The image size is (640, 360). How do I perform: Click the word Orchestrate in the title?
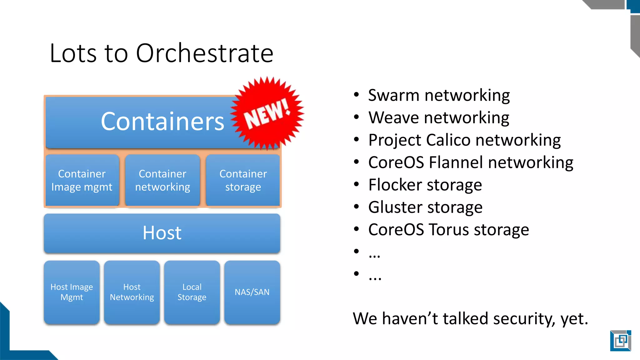[205, 53]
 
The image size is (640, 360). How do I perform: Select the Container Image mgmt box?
[82, 180]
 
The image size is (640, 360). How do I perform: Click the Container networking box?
[162, 180]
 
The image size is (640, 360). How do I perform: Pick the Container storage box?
[243, 180]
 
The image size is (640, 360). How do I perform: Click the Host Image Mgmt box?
[72, 292]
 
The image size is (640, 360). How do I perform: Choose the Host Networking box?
[132, 292]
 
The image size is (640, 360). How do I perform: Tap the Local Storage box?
[192, 292]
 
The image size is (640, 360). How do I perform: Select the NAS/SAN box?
[252, 292]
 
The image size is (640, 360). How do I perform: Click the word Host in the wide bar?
[162, 233]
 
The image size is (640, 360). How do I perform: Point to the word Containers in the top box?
[162, 121]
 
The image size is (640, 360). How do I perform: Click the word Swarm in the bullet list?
[393, 95]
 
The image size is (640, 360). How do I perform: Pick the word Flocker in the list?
[395, 185]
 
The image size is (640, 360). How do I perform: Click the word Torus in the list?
[449, 230]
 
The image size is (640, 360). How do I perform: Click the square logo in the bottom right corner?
[620, 341]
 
